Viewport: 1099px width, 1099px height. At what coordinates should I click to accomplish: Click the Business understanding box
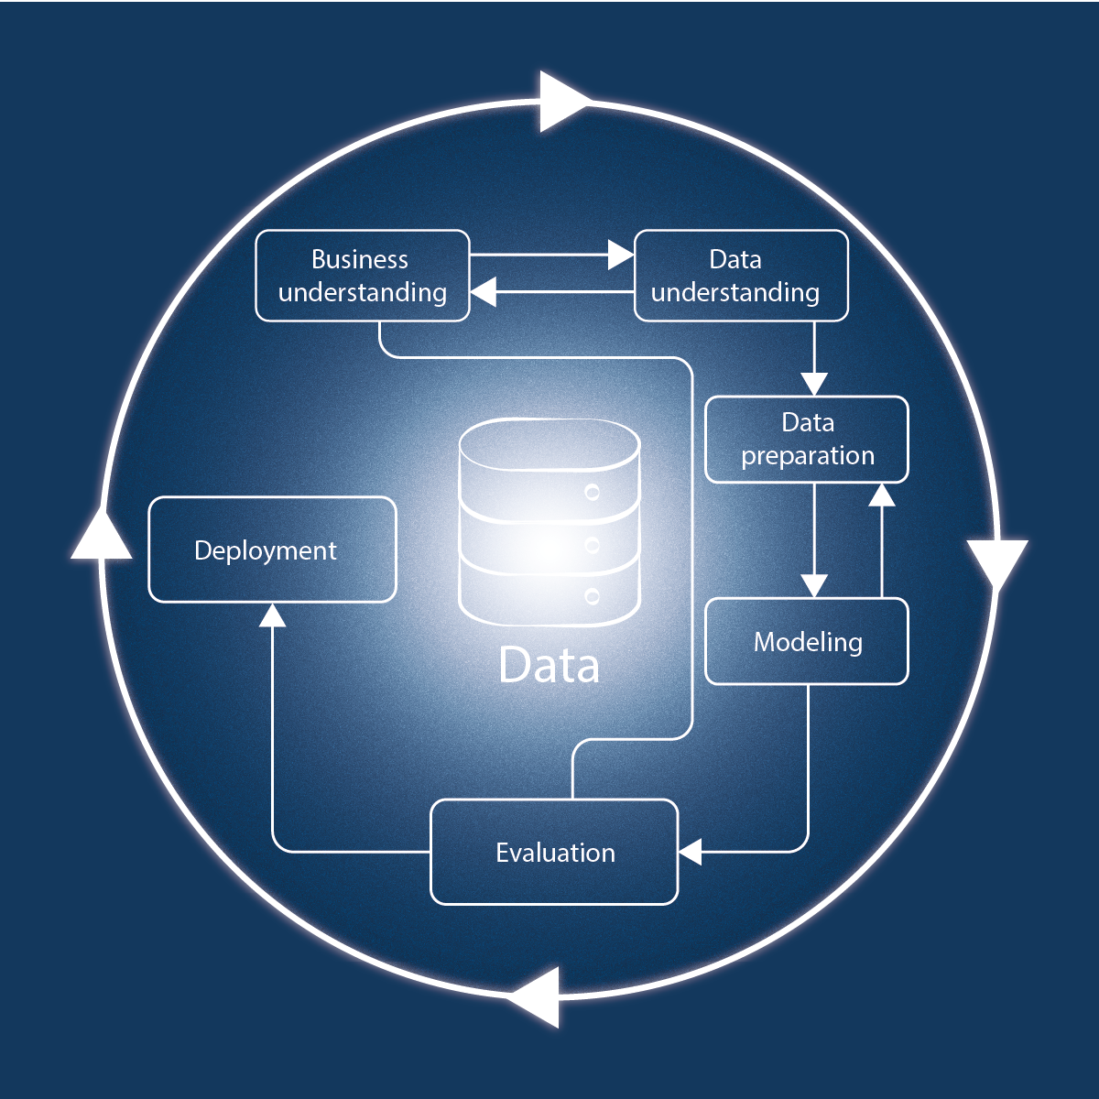363,276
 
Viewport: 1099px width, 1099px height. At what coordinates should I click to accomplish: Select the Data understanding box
741,276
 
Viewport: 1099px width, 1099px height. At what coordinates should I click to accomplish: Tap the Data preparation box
807,440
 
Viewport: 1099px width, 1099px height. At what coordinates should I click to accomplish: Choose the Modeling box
807,641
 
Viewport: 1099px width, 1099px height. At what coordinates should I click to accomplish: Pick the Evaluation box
554,852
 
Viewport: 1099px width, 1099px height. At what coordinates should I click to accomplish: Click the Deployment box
272,549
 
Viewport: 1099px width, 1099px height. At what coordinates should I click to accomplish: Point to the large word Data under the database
549,666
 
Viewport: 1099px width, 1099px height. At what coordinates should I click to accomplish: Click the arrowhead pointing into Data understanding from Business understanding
621,256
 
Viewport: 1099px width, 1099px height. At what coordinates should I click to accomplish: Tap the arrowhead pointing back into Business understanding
484,292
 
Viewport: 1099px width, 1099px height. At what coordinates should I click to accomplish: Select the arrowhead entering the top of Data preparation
814,384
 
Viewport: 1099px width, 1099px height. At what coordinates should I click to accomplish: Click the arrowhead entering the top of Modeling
814,585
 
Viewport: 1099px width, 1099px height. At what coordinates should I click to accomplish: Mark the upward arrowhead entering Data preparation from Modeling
881,495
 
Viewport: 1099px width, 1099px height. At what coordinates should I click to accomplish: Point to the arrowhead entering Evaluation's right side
691,852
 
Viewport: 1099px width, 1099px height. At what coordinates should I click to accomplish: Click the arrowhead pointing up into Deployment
272,615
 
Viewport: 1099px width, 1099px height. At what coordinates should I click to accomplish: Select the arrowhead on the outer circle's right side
996,560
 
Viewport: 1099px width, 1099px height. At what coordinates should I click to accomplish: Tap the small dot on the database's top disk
593,493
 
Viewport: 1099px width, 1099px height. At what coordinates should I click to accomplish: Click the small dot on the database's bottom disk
593,597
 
